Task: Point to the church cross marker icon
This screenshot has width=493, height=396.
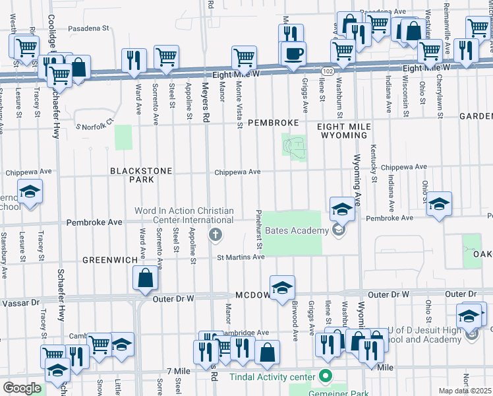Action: point(215,234)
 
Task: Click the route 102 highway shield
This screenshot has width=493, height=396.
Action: point(327,70)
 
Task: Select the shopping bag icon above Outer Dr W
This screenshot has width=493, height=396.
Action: point(146,279)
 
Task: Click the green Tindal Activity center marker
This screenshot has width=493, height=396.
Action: point(324,377)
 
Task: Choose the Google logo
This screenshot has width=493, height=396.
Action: point(22,388)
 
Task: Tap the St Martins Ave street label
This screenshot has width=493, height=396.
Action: point(241,257)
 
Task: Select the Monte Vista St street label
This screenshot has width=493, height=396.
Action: point(238,100)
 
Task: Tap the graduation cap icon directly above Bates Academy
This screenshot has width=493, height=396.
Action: point(342,209)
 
